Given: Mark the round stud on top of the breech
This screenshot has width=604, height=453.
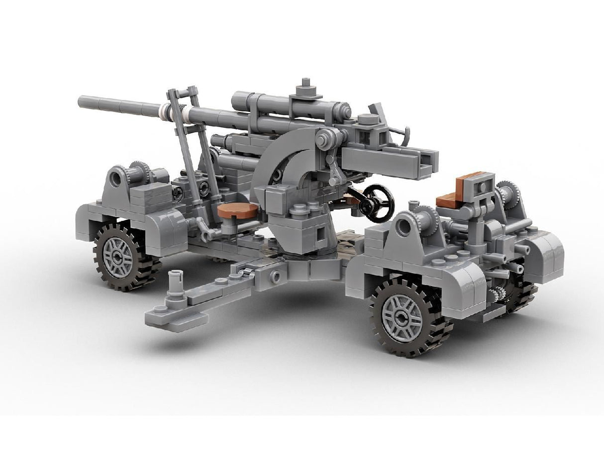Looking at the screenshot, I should pos(369,119).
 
